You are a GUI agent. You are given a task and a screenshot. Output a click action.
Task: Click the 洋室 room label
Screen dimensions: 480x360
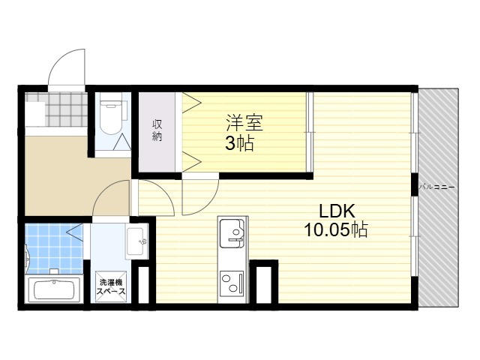(x=244, y=123)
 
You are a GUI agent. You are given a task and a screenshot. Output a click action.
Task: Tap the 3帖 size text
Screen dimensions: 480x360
(x=240, y=143)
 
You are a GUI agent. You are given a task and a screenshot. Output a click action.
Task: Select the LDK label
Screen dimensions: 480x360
(x=337, y=211)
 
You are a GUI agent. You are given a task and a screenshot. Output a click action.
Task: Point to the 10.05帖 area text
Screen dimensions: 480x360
(x=336, y=229)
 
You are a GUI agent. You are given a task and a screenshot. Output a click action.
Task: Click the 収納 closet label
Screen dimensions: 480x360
(x=157, y=130)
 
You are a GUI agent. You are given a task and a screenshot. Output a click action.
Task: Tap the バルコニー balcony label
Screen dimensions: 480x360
(x=436, y=187)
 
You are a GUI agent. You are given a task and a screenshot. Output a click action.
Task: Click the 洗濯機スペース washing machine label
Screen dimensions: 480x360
(x=111, y=286)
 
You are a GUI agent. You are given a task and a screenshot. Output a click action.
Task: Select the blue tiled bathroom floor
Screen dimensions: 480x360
(x=54, y=249)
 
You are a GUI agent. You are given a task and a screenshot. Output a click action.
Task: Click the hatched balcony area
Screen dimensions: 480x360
(x=438, y=197)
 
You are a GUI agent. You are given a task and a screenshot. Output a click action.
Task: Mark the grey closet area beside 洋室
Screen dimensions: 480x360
(x=157, y=132)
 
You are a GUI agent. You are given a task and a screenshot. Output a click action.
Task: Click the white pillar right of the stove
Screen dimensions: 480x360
(x=263, y=284)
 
